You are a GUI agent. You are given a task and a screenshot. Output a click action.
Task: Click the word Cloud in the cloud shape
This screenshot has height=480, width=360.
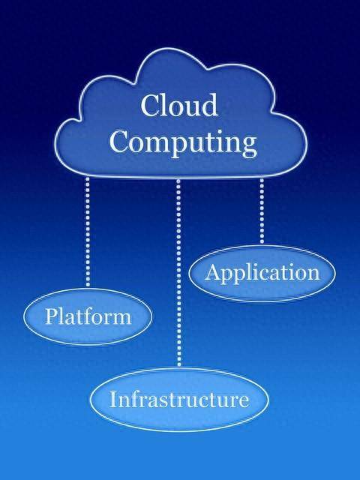click(179, 105)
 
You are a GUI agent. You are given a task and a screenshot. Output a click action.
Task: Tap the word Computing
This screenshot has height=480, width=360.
click(183, 143)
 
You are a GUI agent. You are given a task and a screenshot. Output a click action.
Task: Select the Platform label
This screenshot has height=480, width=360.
click(88, 316)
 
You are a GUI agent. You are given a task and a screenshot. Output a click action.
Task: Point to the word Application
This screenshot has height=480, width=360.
click(262, 273)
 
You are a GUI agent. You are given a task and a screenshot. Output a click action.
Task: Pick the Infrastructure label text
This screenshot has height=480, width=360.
click(179, 399)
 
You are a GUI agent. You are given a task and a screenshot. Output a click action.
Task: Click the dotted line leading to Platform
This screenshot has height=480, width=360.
click(88, 232)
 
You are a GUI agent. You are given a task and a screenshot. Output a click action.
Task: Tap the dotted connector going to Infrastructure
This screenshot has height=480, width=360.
click(178, 272)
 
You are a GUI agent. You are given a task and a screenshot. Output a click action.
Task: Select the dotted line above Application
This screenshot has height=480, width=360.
click(262, 211)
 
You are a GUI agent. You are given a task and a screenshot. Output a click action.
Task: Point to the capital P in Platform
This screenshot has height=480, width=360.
click(51, 316)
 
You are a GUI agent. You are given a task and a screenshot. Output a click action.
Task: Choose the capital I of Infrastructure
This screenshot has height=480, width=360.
click(114, 399)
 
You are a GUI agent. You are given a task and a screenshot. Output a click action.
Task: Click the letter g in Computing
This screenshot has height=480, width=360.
click(248, 147)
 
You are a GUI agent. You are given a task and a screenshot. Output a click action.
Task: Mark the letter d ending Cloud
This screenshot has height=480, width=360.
click(208, 105)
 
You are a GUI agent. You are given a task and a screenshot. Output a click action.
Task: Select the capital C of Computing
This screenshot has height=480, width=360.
click(120, 141)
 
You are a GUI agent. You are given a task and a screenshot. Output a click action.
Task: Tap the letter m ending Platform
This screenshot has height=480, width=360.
click(121, 319)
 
